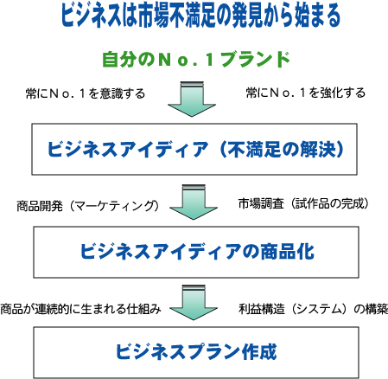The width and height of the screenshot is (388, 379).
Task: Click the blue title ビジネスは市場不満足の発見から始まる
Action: tap(200, 16)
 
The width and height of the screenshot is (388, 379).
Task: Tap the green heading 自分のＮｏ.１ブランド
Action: tap(196, 59)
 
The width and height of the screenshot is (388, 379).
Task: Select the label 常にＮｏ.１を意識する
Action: tap(86, 93)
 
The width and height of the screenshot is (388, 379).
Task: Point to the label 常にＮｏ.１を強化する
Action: tap(306, 93)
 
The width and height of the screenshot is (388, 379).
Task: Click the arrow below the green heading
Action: tap(192, 99)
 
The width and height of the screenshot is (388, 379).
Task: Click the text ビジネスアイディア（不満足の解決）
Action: tap(195, 149)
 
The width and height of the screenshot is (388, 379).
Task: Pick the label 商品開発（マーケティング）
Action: tap(88, 206)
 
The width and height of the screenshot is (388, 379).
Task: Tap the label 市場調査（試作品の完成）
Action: tap(303, 203)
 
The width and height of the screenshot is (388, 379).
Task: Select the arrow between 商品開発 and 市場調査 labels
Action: tap(194, 202)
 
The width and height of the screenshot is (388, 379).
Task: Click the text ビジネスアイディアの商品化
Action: tap(197, 251)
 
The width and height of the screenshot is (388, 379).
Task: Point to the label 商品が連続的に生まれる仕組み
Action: tap(80, 309)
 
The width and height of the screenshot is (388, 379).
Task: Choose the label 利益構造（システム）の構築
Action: tap(313, 309)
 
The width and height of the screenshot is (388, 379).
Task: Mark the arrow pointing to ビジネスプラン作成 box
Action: tap(194, 303)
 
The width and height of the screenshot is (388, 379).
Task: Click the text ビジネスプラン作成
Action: tap(196, 351)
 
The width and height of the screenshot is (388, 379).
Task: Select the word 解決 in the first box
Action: tap(317, 149)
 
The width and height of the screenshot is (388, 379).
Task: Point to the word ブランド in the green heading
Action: tap(255, 59)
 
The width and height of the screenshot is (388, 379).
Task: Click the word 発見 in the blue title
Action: tap(246, 16)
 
